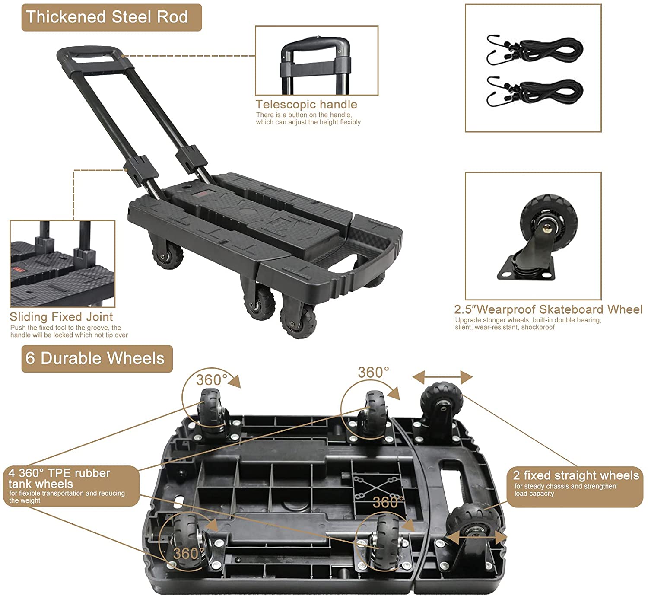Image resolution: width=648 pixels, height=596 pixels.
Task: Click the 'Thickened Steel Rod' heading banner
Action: (111, 17)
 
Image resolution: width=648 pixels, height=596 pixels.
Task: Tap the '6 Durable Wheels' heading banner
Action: (97, 358)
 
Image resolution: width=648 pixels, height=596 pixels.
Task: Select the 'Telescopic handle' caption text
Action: (306, 105)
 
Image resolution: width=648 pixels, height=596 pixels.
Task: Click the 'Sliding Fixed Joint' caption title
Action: (61, 317)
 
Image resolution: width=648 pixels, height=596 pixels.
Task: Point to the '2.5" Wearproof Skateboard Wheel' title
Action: (548, 309)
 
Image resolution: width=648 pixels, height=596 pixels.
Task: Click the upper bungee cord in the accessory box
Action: (535, 50)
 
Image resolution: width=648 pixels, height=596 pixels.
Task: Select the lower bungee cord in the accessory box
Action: (535, 91)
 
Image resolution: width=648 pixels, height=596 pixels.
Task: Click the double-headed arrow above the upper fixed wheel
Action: (442, 377)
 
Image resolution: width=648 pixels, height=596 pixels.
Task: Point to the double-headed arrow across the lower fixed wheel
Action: (476, 537)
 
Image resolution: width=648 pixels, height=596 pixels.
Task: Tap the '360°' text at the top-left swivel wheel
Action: (211, 380)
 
